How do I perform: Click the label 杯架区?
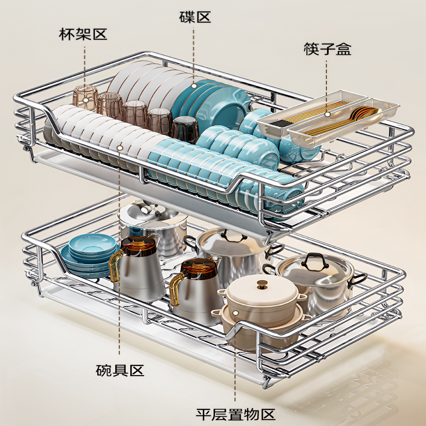(x=83, y=35)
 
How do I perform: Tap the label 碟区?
(x=195, y=17)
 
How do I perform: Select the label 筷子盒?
(x=327, y=49)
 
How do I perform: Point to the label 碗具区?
(x=120, y=370)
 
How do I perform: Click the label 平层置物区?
(x=235, y=414)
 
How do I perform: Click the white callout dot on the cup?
(x=85, y=100)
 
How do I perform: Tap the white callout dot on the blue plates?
(x=194, y=86)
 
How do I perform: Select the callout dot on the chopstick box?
(x=327, y=114)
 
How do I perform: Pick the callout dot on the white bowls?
(x=120, y=147)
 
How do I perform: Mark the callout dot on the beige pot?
(x=235, y=313)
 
